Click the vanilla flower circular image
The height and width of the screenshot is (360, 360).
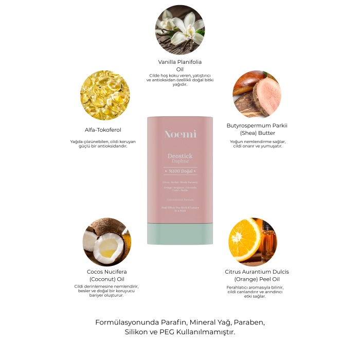tap(179, 29)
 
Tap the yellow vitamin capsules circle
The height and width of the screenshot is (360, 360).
tap(105, 95)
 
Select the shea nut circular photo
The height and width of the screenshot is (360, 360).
tap(257, 95)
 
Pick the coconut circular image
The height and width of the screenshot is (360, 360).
tap(107, 242)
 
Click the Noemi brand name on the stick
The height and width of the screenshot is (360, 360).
tap(180, 134)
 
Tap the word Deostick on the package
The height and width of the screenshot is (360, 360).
tap(180, 156)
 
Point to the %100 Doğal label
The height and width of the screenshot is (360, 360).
tap(180, 171)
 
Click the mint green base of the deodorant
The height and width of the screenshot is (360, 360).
tap(180, 233)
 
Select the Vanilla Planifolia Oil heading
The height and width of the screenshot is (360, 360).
tap(179, 65)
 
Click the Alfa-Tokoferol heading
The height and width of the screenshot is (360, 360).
tap(103, 130)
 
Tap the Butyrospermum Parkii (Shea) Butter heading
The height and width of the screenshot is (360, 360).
tap(257, 129)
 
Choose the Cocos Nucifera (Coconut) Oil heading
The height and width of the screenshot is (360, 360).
tap(107, 275)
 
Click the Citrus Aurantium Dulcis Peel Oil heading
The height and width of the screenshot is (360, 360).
tap(257, 275)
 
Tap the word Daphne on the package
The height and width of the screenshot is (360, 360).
tap(180, 161)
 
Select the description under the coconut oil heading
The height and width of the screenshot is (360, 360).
tap(106, 291)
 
